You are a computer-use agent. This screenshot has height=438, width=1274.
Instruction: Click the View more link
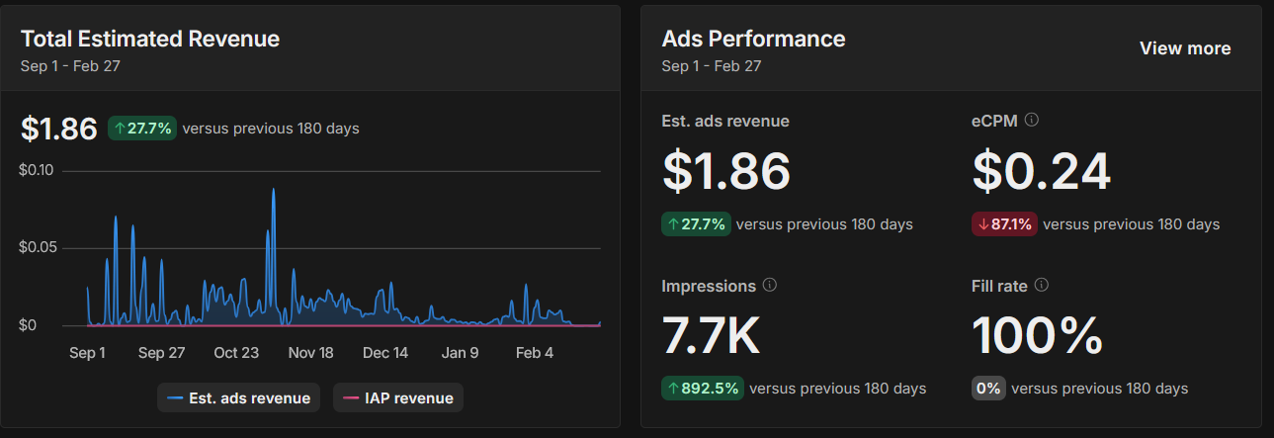[1185, 48]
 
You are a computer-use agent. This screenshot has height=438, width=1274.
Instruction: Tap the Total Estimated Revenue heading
[150, 39]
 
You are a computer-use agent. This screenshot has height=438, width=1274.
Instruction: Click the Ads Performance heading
[753, 39]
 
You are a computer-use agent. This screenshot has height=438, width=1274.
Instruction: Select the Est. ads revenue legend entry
[238, 398]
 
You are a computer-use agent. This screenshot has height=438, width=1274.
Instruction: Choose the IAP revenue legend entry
[397, 398]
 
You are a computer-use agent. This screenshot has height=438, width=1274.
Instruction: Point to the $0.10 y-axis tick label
[37, 170]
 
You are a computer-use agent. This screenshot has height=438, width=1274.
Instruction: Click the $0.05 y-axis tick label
[37, 247]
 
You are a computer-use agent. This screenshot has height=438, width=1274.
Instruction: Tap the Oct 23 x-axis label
[236, 353]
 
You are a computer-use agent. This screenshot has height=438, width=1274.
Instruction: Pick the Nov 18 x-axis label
[311, 353]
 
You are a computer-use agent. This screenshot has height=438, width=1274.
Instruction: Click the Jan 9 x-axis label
[460, 353]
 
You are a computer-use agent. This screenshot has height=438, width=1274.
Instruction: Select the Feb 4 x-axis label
[535, 353]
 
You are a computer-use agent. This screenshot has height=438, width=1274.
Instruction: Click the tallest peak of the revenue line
[273, 190]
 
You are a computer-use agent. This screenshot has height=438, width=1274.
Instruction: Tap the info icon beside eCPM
[1032, 120]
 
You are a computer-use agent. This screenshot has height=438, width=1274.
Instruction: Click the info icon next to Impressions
[770, 285]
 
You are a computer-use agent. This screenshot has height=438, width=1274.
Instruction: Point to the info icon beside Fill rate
[1041, 285]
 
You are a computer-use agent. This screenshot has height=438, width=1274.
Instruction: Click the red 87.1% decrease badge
[1003, 224]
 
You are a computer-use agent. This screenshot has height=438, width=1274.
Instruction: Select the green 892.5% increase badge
[702, 389]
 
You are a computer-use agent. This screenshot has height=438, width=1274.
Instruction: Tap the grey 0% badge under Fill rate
[987, 389]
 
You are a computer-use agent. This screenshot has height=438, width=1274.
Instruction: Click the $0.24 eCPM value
[1042, 171]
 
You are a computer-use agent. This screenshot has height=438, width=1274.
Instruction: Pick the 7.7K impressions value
[711, 335]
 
